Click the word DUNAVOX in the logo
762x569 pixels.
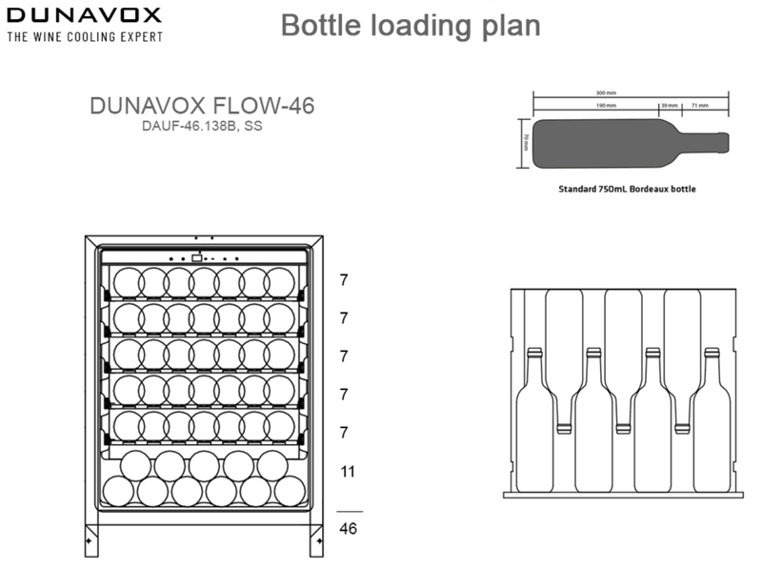tap(84, 16)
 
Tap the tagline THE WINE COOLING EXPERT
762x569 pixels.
tap(84, 37)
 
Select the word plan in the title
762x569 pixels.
tap(511, 25)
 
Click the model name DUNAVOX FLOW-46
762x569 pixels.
tap(202, 106)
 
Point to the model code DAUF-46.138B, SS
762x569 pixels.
tap(202, 127)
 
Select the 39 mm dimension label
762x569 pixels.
tap(671, 106)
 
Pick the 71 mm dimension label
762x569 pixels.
tap(700, 106)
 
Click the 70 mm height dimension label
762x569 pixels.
tap(525, 142)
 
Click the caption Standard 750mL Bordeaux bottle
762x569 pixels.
tap(627, 189)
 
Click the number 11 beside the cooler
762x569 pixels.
tap(349, 471)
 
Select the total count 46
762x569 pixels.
tap(349, 528)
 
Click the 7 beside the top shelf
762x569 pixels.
tap(345, 280)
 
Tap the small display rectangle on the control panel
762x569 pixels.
tap(196, 257)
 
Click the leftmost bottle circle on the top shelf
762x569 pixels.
tap(128, 282)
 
